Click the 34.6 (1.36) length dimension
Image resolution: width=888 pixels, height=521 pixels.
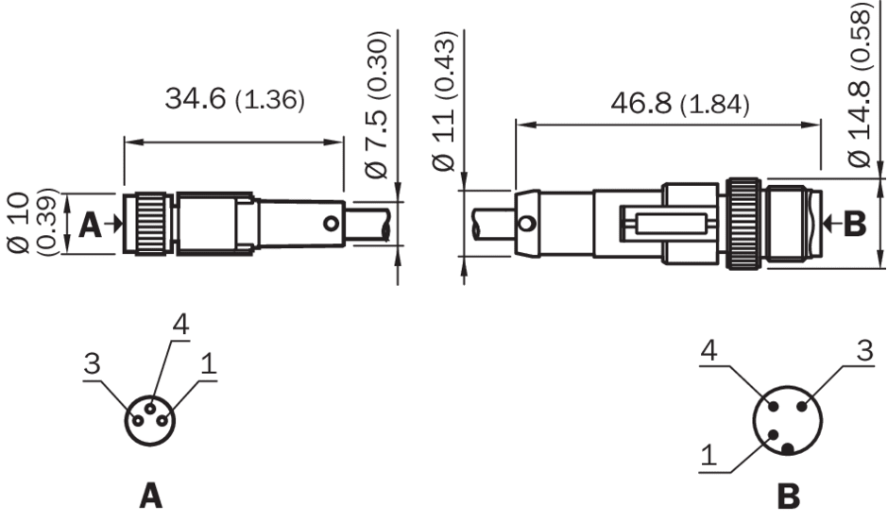(234, 99)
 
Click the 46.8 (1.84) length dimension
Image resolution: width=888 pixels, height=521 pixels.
(679, 104)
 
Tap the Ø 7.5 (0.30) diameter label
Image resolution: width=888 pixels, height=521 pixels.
(377, 105)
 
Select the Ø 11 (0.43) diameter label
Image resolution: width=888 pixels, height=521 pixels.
(443, 101)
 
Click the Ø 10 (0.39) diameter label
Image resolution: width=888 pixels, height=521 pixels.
(33, 224)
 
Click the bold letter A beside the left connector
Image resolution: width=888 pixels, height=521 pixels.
(90, 225)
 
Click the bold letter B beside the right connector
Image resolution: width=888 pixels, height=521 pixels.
(855, 224)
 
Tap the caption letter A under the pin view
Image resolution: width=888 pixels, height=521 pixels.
(150, 496)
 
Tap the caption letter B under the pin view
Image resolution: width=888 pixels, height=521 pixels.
(788, 496)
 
